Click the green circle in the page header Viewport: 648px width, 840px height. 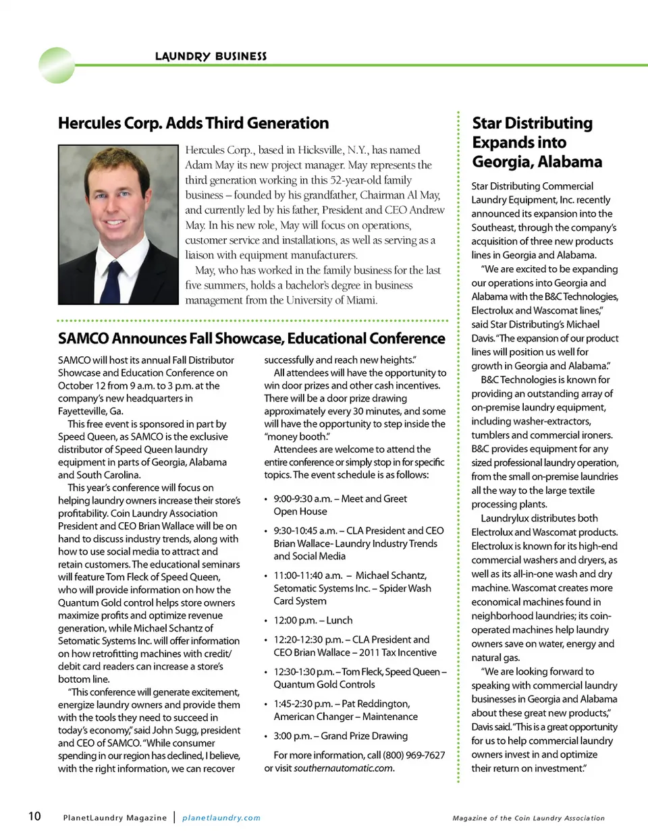click(57, 65)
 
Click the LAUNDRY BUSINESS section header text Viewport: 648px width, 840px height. click(211, 56)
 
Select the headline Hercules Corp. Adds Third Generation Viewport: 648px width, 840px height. click(193, 123)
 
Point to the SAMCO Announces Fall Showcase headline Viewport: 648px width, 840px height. click(251, 339)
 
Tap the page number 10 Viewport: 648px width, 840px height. click(34, 816)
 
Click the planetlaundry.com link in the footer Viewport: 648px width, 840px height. click(221, 818)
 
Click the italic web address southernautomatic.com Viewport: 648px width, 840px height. click(344, 768)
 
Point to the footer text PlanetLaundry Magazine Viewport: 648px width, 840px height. click(115, 818)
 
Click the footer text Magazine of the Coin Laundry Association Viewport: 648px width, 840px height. click(529, 818)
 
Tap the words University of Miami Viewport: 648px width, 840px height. click(331, 300)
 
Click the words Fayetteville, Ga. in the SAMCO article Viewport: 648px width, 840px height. click(90, 411)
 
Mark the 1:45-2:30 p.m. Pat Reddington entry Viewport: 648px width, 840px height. click(345, 710)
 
